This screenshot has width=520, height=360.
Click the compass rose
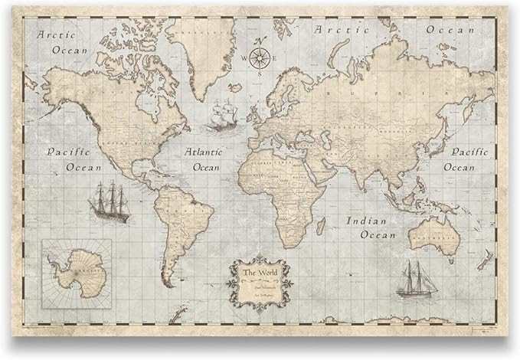(x=261, y=57)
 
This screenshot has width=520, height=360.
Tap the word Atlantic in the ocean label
(x=205, y=152)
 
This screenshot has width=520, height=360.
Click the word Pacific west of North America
(x=68, y=152)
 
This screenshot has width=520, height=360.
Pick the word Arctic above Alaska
(x=61, y=34)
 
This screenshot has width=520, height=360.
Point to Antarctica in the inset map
(x=77, y=271)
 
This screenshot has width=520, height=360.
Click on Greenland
(x=203, y=54)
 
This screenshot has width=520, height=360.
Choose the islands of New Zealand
(x=486, y=260)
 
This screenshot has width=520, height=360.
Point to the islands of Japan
(x=443, y=136)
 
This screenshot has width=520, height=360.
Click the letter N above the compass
(x=260, y=41)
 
